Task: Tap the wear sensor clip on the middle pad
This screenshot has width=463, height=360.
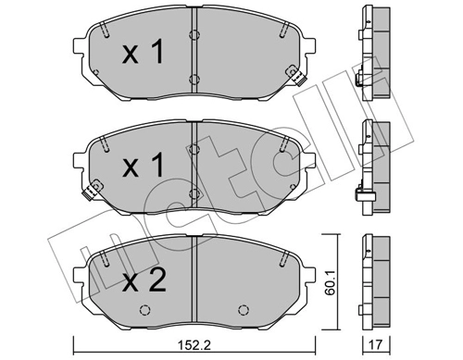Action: click(88, 193)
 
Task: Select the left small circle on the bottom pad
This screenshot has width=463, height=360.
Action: click(143, 310)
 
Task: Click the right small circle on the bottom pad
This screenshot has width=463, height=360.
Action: click(244, 310)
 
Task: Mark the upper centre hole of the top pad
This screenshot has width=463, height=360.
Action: click(193, 35)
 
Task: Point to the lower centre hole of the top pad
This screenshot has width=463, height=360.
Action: click(193, 79)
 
